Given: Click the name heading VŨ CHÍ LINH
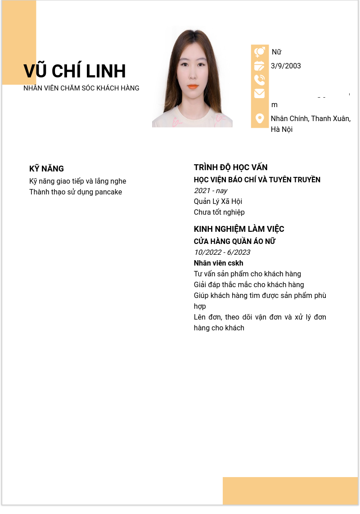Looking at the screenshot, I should [75, 72].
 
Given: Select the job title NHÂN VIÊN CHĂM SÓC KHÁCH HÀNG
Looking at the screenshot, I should [81, 88].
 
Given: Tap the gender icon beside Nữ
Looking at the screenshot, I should [260, 52].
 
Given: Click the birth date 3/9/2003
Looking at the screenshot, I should [286, 66].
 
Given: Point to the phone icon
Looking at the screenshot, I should [260, 80].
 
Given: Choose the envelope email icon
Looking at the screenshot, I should [260, 94].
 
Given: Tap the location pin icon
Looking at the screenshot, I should [260, 118].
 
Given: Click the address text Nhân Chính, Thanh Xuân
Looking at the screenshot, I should [310, 119].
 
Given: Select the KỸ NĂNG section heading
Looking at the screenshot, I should [46, 169].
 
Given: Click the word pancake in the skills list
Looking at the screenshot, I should [108, 192].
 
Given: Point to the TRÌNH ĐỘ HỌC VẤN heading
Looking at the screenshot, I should [230, 167].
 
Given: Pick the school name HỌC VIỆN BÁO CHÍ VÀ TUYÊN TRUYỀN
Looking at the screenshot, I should [257, 180].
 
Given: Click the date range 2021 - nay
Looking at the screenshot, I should [211, 191].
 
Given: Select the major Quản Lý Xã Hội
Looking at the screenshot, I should [218, 202].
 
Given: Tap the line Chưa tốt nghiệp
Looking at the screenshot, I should [219, 212].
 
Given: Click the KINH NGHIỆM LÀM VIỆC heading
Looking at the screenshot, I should [239, 229].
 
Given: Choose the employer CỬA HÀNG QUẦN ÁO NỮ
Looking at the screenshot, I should [234, 242].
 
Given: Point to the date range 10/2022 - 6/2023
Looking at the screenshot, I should [222, 252].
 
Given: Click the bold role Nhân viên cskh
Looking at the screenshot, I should [218, 263].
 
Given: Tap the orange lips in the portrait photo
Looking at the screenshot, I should [193, 86].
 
